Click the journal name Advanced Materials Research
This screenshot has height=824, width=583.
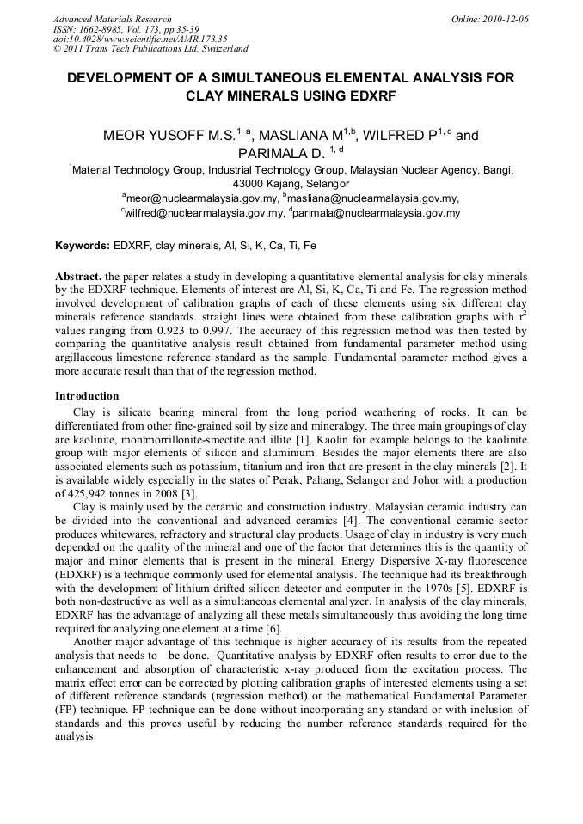113,19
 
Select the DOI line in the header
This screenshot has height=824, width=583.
140,39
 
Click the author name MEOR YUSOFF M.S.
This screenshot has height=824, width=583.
159,136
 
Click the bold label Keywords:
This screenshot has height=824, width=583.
83,246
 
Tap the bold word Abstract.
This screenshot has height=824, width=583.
77,278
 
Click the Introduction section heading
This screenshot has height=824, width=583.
87,396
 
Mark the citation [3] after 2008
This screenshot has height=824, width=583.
189,494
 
